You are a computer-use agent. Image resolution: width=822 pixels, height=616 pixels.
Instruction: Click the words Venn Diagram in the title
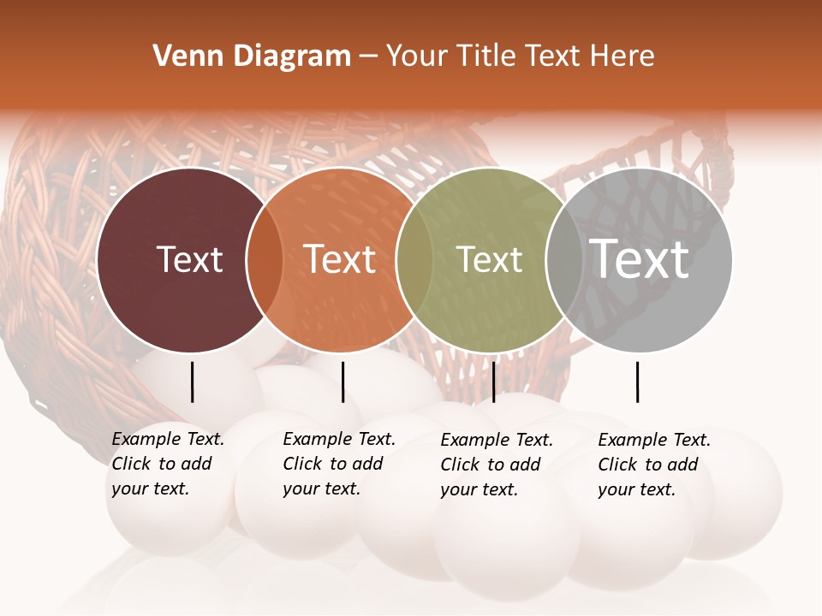[252, 56]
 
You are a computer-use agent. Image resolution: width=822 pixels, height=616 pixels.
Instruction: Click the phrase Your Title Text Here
[520, 56]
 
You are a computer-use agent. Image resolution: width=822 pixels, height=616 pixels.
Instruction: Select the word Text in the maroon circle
[189, 259]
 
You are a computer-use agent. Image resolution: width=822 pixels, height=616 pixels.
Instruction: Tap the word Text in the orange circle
[340, 259]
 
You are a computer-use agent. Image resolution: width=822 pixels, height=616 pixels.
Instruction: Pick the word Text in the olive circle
[489, 259]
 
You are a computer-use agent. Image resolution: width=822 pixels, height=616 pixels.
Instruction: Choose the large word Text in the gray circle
[640, 258]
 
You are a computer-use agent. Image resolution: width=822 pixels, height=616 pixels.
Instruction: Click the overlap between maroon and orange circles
[265, 259]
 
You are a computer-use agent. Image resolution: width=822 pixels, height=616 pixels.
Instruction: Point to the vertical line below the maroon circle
[192, 382]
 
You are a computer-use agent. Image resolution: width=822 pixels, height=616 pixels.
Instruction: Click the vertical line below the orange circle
[342, 382]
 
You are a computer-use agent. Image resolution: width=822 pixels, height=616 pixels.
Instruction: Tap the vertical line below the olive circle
[493, 382]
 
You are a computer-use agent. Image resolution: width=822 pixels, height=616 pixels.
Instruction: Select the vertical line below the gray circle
[637, 382]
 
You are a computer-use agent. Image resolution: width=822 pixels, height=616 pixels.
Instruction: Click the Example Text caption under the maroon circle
[168, 439]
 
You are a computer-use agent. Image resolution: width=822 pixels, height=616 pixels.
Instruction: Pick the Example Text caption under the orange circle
[339, 439]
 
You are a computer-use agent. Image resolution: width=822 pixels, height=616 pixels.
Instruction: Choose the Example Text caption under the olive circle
[497, 440]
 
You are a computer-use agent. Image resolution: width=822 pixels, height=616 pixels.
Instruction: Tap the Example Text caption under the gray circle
[654, 440]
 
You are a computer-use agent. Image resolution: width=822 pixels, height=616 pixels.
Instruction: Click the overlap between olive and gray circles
[558, 259]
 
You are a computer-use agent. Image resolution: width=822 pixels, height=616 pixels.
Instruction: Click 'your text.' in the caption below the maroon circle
[150, 489]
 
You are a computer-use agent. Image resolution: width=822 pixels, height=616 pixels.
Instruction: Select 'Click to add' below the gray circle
[647, 465]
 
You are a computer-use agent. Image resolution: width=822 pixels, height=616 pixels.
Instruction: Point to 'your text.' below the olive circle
[479, 490]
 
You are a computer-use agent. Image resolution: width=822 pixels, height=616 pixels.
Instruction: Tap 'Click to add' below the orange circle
[332, 464]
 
